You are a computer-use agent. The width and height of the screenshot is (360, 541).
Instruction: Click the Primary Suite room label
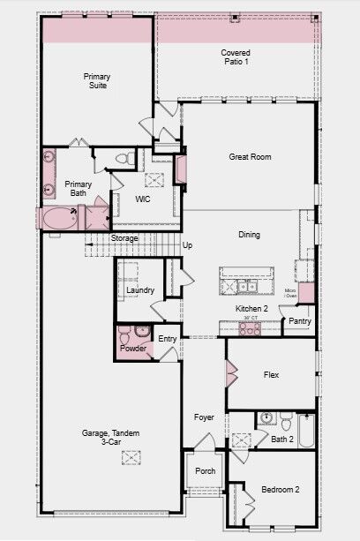coord(97,81)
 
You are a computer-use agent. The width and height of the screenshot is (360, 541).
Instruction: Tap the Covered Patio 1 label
coord(235,57)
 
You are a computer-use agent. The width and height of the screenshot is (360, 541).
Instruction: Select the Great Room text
coord(249,157)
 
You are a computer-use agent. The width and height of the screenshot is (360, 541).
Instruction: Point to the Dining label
coord(250,235)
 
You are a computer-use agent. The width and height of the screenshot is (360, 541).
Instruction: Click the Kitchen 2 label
coord(251,308)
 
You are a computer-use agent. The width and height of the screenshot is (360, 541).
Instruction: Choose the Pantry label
coord(300,322)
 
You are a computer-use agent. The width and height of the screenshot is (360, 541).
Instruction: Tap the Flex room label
coord(271,375)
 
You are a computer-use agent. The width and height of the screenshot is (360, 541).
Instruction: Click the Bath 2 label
coord(282,439)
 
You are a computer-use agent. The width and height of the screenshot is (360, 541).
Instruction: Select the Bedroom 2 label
coord(280,490)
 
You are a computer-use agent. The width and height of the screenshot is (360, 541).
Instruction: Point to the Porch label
coord(205,471)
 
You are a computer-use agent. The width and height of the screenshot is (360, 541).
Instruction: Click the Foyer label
coord(205,417)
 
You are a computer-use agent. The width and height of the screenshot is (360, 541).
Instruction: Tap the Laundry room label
coord(141,290)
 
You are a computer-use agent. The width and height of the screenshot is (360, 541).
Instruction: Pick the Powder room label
coord(133,349)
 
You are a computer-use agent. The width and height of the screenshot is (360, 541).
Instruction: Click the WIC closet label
coord(144,199)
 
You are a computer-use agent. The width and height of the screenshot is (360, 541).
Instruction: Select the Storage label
coord(124,238)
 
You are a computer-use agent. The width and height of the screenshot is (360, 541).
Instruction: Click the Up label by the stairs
coord(187,245)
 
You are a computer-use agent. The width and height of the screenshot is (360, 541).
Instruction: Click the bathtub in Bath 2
coord(304,432)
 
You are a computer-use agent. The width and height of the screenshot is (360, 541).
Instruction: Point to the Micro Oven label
coord(289,293)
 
